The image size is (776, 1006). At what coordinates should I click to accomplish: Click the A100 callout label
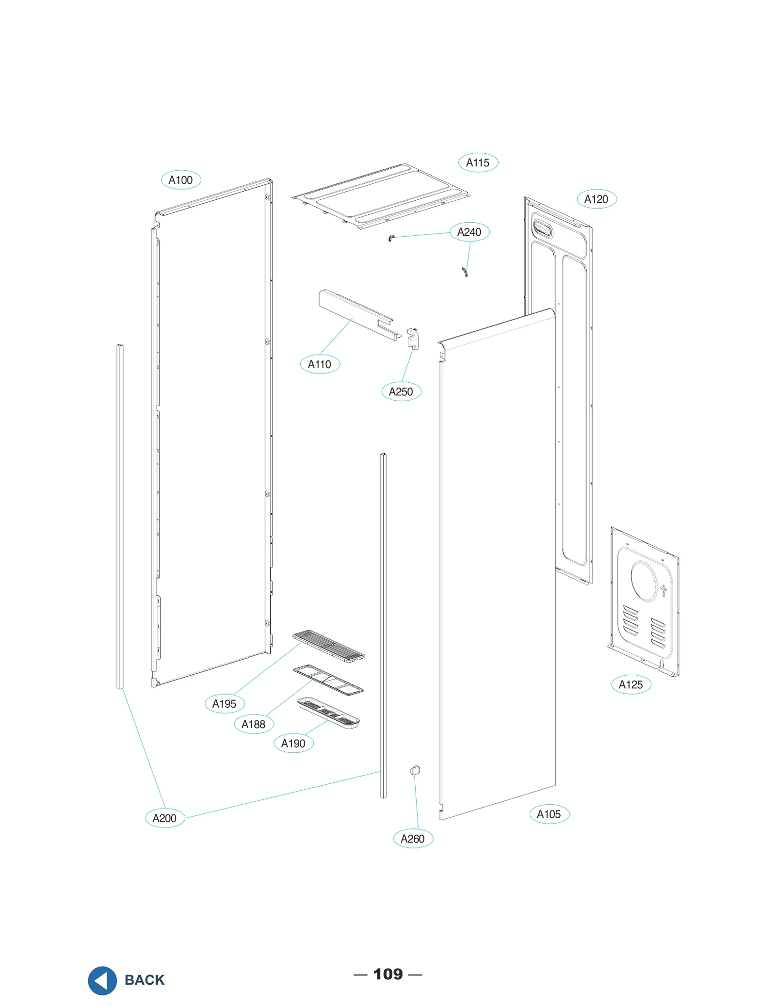click(x=180, y=180)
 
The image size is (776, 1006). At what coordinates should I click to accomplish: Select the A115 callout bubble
click(x=478, y=162)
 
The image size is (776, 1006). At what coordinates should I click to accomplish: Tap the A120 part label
click(x=596, y=199)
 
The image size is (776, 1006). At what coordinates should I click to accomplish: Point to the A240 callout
click(x=469, y=232)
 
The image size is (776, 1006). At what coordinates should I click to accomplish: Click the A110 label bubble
click(x=320, y=364)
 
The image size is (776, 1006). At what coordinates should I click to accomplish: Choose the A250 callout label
click(x=401, y=391)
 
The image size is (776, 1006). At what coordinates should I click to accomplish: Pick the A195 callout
click(x=224, y=704)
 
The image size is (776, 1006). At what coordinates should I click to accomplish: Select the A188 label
click(x=253, y=724)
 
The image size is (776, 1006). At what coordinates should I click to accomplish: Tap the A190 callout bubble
click(x=293, y=744)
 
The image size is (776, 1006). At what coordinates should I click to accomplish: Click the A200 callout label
click(x=164, y=818)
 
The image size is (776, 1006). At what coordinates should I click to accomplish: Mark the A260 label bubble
click(x=413, y=839)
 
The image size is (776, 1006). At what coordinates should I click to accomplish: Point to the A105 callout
click(x=549, y=814)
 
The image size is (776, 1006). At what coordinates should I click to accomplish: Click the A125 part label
click(x=630, y=684)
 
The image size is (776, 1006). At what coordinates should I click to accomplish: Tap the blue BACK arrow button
click(x=102, y=980)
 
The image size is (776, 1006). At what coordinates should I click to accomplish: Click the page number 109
click(x=388, y=974)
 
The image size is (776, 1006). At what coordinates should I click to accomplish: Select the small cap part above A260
click(x=415, y=770)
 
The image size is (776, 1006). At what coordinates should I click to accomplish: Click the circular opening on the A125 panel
click(x=644, y=582)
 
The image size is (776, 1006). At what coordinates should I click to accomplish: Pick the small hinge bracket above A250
click(x=413, y=338)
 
